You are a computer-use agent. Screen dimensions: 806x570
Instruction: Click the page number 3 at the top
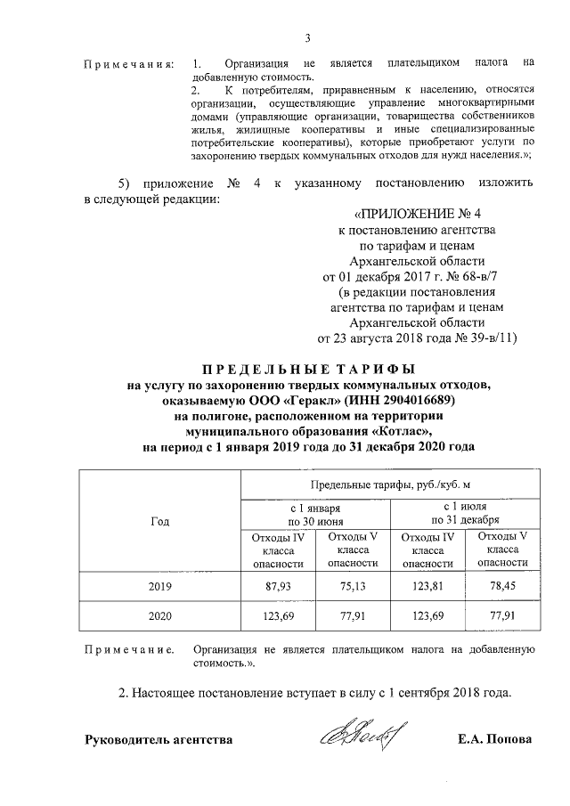[307, 37]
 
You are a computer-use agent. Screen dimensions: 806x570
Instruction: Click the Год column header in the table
[161, 523]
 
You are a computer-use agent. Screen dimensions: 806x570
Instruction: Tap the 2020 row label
[161, 615]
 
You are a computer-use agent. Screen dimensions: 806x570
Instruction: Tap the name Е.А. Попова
[493, 739]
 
